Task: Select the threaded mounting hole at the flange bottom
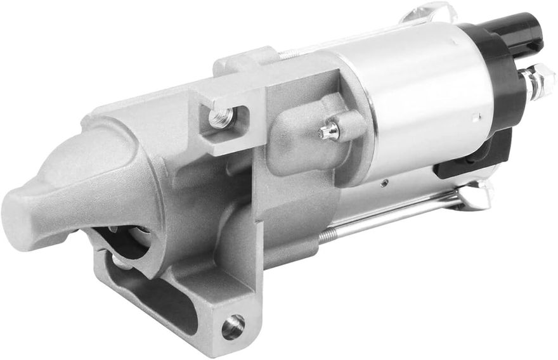pos(233,326)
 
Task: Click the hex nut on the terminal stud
pos(538,82)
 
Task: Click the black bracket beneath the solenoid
pos(472,158)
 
